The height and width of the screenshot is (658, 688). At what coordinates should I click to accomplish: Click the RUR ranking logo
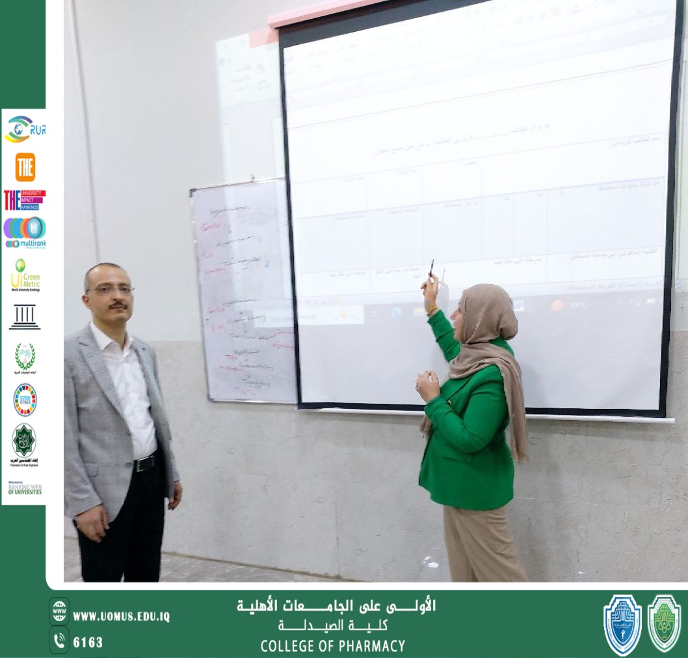point(25,129)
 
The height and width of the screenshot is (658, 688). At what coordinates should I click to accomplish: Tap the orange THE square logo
point(25,167)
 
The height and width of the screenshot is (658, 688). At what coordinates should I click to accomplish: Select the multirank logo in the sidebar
point(25,232)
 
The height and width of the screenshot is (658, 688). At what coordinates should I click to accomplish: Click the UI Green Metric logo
point(25,274)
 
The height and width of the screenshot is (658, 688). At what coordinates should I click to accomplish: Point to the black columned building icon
point(25,317)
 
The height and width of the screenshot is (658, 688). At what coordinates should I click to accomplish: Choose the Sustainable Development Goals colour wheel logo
point(25,399)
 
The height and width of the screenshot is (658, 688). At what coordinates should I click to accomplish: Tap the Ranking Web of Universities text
point(25,489)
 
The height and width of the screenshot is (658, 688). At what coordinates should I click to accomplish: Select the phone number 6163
point(88,642)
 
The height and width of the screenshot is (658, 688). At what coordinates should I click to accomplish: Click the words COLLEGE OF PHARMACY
point(332,646)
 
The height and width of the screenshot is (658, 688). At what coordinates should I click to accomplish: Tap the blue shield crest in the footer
point(622,624)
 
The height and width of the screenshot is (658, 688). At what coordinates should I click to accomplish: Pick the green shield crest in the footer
point(664,623)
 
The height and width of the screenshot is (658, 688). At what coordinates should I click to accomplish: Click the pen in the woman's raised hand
point(430,267)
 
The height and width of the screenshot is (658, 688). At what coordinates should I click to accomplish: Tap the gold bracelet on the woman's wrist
point(432,309)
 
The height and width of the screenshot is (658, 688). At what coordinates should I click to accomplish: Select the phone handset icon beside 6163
point(59,641)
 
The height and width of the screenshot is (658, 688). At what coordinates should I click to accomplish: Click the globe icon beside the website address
point(59,611)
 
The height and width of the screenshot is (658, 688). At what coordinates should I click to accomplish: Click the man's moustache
point(117,305)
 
